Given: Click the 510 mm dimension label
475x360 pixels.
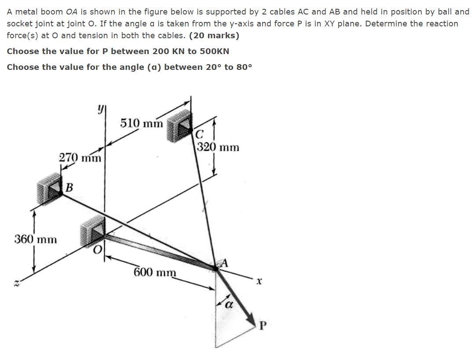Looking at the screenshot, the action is point(141,123).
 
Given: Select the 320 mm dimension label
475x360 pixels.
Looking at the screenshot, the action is point(218,147).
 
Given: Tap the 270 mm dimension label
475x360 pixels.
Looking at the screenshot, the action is point(80,157).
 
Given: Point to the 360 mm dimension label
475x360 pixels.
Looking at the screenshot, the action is point(36,240).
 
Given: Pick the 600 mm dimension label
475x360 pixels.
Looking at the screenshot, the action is point(155,272).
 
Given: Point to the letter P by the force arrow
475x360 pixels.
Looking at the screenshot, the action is point(263,326).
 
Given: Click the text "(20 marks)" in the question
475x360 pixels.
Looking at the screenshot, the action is point(214,36).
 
